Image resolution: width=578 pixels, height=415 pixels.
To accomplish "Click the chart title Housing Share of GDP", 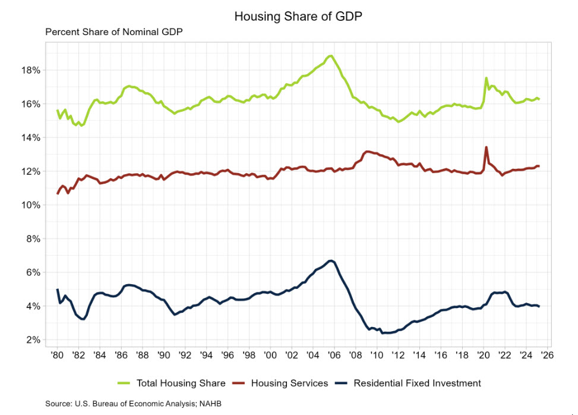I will pyautogui.click(x=298, y=16).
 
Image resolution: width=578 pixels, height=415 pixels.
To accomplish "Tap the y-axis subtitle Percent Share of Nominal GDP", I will pyautogui.click(x=113, y=32).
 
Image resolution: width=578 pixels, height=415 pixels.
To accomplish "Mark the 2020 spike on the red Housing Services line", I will pyautogui.click(x=487, y=147).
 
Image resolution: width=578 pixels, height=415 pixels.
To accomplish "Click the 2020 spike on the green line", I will pyautogui.click(x=486, y=78).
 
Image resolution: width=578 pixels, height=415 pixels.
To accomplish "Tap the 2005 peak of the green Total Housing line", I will pyautogui.click(x=330, y=56).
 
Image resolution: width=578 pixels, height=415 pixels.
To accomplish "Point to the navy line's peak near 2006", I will pyautogui.click(x=331, y=260).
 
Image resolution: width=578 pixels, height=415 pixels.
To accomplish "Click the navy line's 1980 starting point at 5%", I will pyautogui.click(x=58, y=290).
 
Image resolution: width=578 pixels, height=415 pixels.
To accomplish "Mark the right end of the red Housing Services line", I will pyautogui.click(x=538, y=166).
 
